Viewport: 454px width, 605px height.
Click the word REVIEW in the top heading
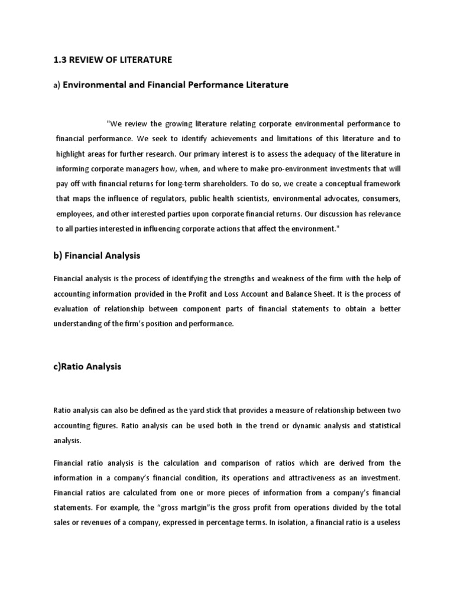pos(87,60)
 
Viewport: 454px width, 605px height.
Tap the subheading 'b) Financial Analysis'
pos(96,256)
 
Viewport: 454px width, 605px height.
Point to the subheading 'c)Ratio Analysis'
pos(87,366)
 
